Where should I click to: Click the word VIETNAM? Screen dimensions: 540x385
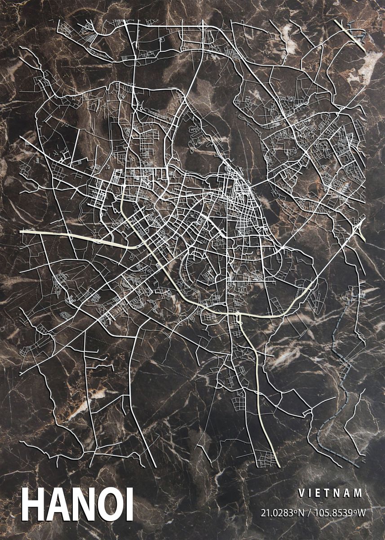point(330,493)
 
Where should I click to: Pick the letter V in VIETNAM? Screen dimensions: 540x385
point(301,493)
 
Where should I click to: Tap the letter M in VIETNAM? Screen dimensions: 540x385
point(358,493)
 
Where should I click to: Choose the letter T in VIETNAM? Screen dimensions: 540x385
point(329,493)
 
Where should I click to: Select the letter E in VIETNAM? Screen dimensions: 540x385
point(320,493)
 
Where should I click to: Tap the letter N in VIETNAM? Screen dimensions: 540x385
point(339,493)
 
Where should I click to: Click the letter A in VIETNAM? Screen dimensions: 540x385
point(349,493)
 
